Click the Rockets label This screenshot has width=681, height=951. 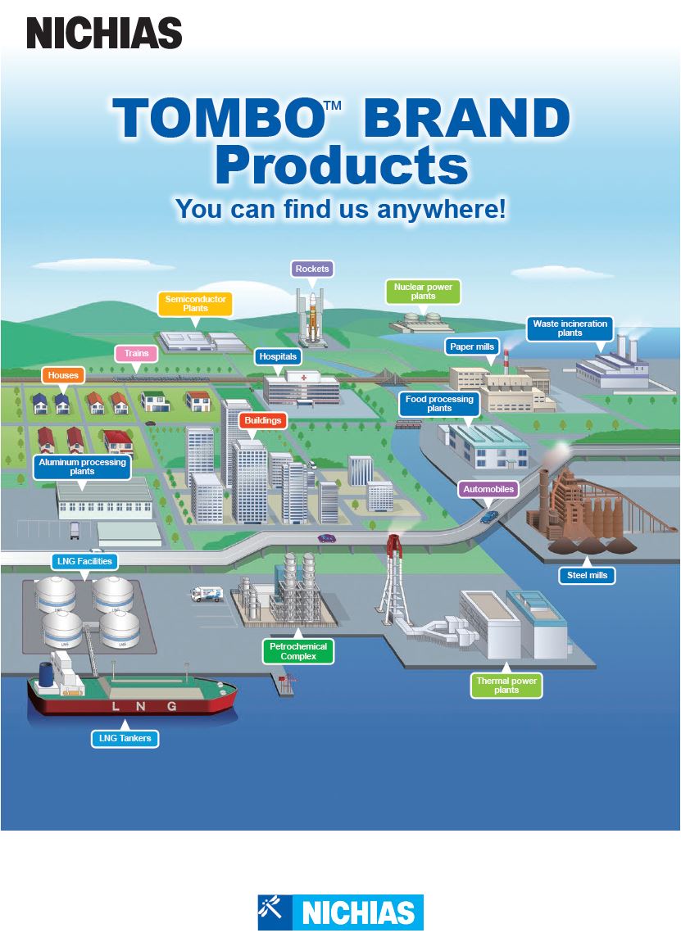click(312, 269)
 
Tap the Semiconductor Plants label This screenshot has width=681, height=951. click(195, 304)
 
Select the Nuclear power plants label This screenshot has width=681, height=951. click(423, 292)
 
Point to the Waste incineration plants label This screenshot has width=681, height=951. click(570, 328)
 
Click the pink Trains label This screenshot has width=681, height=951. click(137, 353)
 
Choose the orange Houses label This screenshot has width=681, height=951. click(63, 375)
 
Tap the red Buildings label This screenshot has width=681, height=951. click(263, 420)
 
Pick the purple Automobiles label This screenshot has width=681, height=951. click(488, 489)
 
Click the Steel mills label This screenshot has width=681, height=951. click(587, 575)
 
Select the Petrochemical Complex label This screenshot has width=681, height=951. click(298, 651)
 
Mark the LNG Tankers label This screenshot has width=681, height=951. click(125, 738)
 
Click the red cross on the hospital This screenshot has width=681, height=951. click(303, 378)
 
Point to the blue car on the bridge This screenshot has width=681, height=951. click(489, 517)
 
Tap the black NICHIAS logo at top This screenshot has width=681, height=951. click(104, 33)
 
